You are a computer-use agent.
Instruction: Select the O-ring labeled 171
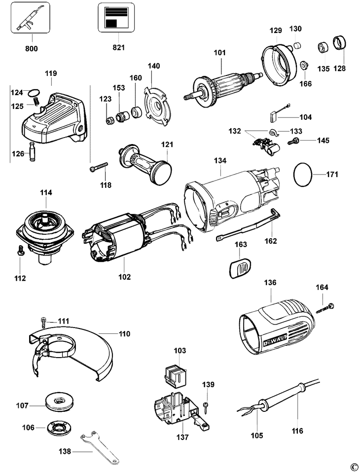(303, 175)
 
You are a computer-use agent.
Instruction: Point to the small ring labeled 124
(33, 92)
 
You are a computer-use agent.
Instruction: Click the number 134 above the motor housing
(219, 161)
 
